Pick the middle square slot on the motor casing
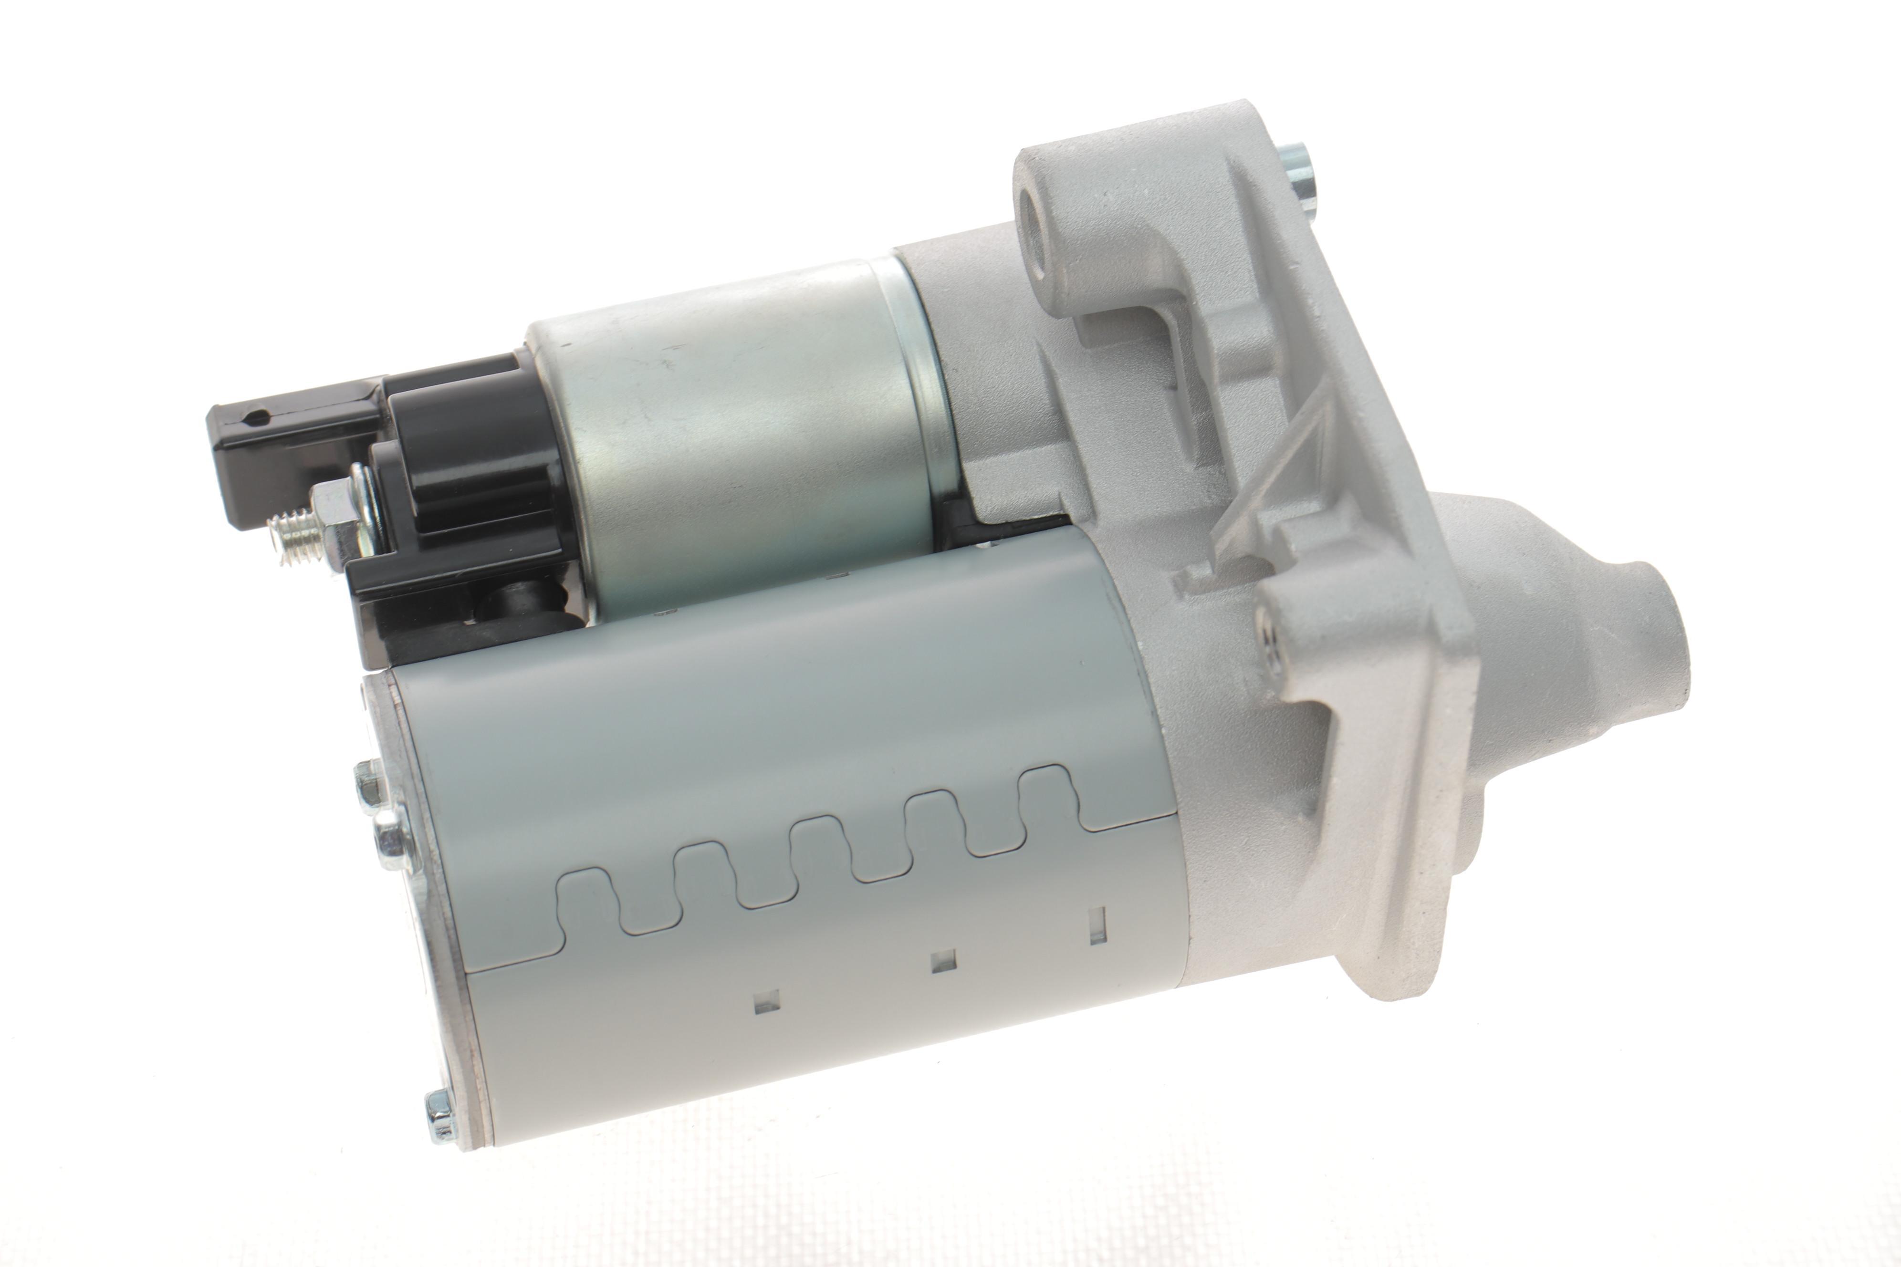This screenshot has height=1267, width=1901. pos(942,961)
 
